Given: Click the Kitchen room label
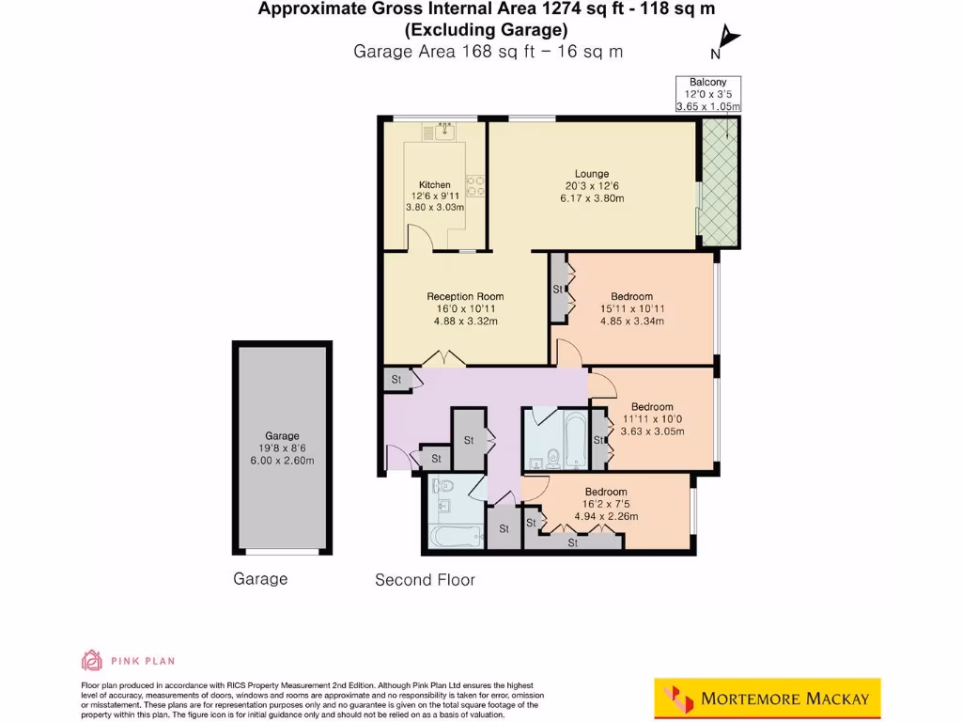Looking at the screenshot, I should coord(434,184).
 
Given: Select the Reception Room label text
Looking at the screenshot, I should coord(465,297).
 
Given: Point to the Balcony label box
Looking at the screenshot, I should coord(708,94).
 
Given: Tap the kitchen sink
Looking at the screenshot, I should coord(438,133).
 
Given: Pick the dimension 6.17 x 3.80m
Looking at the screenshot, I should coord(593,198).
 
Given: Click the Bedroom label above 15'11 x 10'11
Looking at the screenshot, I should coord(631,297).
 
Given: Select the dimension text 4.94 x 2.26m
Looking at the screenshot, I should coord(606,516).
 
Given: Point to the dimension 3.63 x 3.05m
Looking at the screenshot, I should coord(652,432).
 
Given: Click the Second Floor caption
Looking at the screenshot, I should coord(425,580).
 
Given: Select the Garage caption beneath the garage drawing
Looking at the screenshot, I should coord(260,579).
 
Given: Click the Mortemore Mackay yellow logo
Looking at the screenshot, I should coord(768,698).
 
